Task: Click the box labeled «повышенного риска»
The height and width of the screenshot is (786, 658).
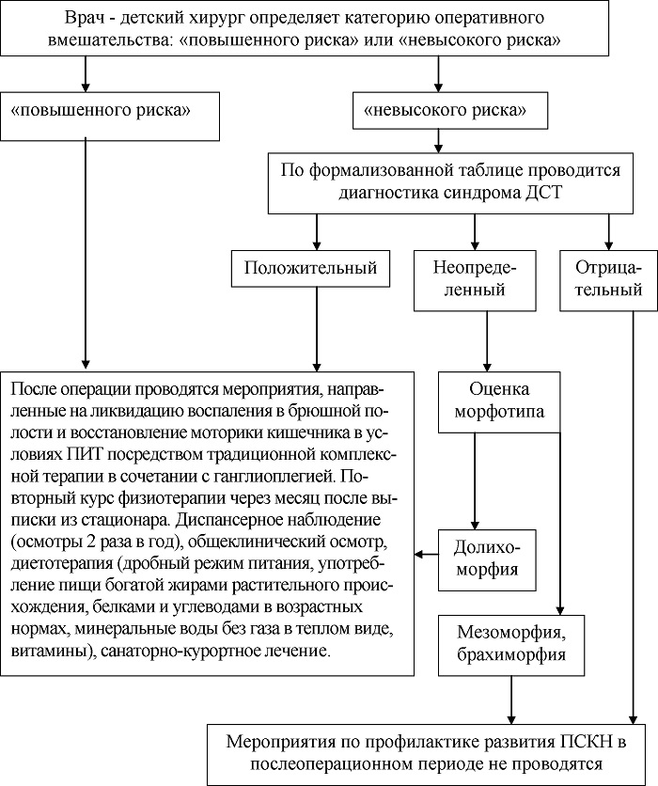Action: (110, 117)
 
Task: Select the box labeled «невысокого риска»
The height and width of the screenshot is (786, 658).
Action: (450, 110)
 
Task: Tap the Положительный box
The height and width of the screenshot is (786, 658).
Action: (310, 268)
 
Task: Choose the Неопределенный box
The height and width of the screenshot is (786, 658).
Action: (475, 280)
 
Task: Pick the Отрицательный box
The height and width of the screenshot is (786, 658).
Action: (608, 280)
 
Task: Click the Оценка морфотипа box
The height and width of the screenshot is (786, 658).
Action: (499, 402)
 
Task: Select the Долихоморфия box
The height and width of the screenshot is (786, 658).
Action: (487, 560)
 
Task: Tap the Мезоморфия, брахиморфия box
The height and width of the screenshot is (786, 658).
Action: (511, 645)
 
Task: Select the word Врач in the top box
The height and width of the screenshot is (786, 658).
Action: (84, 18)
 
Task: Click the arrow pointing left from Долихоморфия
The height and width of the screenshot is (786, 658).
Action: (427, 554)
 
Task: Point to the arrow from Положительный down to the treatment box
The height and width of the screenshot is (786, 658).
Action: (317, 329)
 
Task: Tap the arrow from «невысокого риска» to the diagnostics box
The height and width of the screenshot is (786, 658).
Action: (438, 141)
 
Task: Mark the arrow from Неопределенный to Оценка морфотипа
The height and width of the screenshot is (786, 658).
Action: (487, 341)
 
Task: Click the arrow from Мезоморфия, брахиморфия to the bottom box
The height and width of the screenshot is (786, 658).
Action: (511, 700)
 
